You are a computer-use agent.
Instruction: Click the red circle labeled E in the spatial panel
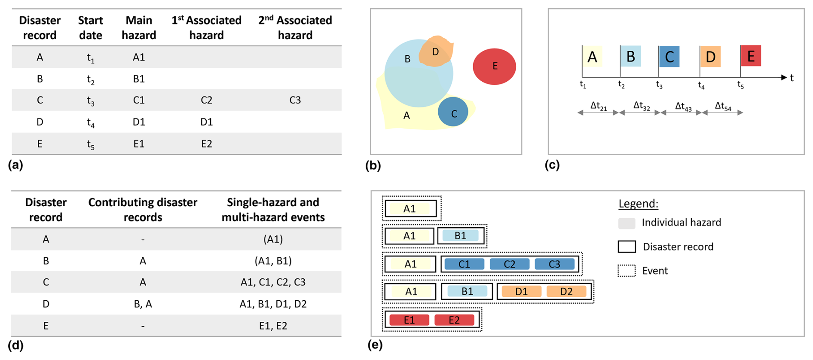tap(494, 67)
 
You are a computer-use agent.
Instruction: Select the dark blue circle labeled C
tap(453, 112)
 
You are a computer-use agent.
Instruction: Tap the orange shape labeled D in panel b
tap(436, 52)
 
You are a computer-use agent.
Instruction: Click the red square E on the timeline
tap(751, 56)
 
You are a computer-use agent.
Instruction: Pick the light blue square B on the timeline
tap(630, 56)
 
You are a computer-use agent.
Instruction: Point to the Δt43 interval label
tap(683, 107)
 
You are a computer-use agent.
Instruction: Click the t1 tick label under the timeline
tap(583, 85)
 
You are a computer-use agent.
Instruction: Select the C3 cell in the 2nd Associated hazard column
tap(295, 100)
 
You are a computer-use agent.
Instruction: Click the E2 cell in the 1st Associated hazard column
tap(206, 143)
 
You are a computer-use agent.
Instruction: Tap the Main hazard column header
tap(139, 27)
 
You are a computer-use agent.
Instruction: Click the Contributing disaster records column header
tap(143, 210)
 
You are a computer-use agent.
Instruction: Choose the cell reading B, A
tap(143, 304)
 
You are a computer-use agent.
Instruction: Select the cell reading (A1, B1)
tap(273, 261)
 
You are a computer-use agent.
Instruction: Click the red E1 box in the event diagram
tap(409, 320)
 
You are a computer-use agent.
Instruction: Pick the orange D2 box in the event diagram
tap(566, 292)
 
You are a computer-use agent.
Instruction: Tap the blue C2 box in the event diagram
tap(509, 264)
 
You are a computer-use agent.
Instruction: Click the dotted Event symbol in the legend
tap(627, 271)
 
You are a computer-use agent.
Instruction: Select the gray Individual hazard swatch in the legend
tap(627, 223)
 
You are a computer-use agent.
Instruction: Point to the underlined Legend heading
tap(638, 204)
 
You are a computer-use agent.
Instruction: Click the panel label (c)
tap(552, 165)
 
